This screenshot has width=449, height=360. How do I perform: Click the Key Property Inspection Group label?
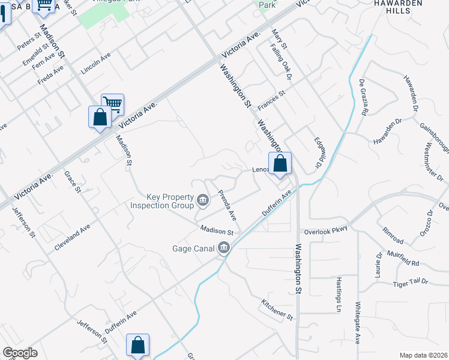tap(162, 201)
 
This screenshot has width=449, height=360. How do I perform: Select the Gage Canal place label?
tap(193, 248)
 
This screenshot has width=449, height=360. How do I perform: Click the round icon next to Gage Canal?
tap(224, 247)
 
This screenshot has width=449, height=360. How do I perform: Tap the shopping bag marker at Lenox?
tap(280, 163)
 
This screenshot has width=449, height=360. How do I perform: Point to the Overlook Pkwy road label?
tap(326, 230)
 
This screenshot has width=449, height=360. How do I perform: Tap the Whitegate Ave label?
tap(358, 322)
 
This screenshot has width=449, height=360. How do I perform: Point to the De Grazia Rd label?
tap(364, 97)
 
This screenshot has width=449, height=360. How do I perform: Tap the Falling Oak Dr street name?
tap(280, 62)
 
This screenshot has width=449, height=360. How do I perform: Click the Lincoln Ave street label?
tap(96, 65)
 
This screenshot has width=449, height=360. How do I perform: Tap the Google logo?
tap(20, 353)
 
